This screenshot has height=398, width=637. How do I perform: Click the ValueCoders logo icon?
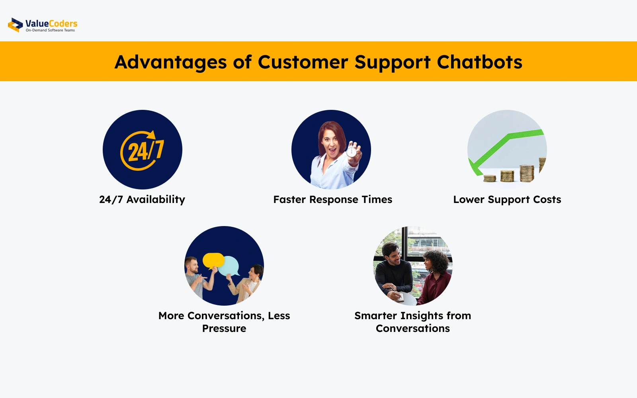pyautogui.click(x=16, y=25)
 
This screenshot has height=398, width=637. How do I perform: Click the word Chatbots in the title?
pyautogui.click(x=479, y=62)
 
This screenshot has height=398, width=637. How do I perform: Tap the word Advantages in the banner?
pyautogui.click(x=171, y=62)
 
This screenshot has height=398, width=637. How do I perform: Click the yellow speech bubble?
pyautogui.click(x=213, y=261)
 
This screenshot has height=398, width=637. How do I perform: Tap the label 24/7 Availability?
pyautogui.click(x=142, y=199)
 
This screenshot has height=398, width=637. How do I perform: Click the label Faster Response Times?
pyautogui.click(x=333, y=199)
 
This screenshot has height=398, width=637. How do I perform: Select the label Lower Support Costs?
pyautogui.click(x=507, y=199)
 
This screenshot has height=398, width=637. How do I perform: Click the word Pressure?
pyautogui.click(x=224, y=328)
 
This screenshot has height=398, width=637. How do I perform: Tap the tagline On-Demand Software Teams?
pyautogui.click(x=50, y=30)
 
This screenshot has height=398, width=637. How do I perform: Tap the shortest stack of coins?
pyautogui.click(x=490, y=179)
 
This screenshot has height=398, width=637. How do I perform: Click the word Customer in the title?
pyautogui.click(x=303, y=62)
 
